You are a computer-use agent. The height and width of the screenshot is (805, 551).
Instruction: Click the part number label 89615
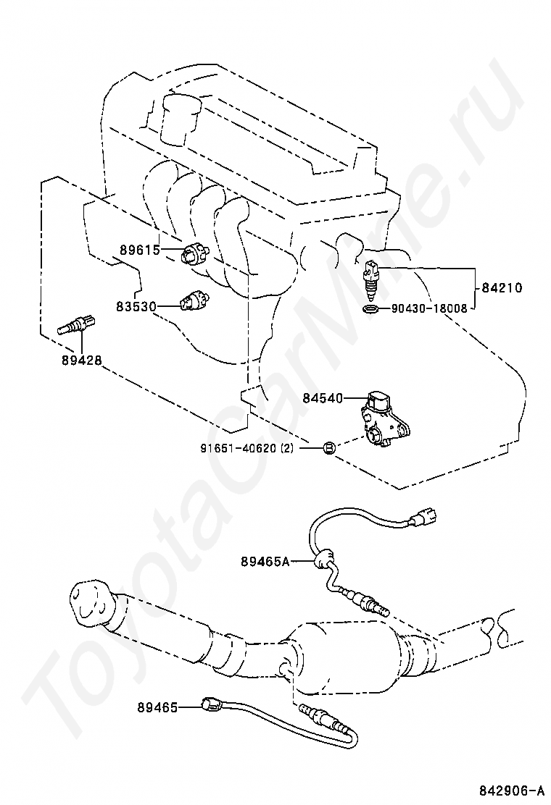pyautogui.click(x=140, y=250)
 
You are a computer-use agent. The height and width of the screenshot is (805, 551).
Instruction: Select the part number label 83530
pyautogui.click(x=136, y=306)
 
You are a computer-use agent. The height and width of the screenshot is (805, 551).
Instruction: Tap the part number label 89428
pyautogui.click(x=81, y=361)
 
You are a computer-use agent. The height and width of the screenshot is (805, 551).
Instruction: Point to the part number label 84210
pyautogui.click(x=502, y=287)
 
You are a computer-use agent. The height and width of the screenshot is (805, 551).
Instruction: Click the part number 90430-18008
pyautogui.click(x=429, y=308)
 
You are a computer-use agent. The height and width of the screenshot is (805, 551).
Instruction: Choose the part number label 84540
pyautogui.click(x=323, y=398)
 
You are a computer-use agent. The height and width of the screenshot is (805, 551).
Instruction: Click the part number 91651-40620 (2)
pyautogui.click(x=246, y=448)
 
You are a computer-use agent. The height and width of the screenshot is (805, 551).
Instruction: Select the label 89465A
pyautogui.click(x=265, y=562)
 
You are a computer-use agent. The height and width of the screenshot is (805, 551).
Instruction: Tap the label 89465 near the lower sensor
pyautogui.click(x=157, y=707)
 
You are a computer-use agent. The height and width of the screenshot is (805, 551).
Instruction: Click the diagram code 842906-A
pyautogui.click(x=511, y=789)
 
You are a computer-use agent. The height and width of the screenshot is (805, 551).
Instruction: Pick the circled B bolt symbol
pyautogui.click(x=329, y=448)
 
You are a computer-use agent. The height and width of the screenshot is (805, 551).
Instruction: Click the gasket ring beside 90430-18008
pyautogui.click(x=370, y=309)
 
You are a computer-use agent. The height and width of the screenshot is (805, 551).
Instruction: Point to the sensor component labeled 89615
pyautogui.click(x=195, y=253)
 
